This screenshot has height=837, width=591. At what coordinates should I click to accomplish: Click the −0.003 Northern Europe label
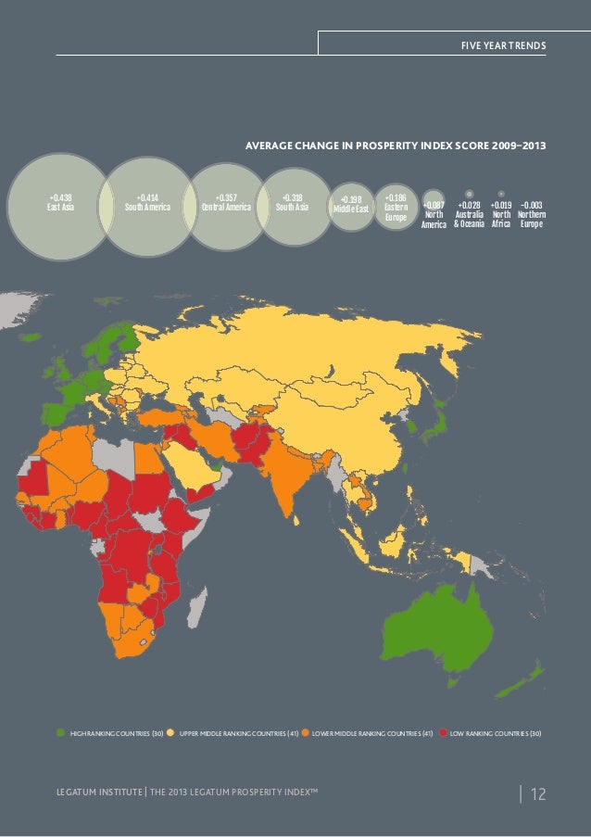(x=532, y=214)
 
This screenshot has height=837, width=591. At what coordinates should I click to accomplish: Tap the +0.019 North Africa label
(x=501, y=214)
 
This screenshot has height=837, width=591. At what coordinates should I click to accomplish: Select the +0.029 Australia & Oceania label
(x=470, y=214)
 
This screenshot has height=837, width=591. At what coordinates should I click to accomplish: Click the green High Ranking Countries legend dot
(x=62, y=733)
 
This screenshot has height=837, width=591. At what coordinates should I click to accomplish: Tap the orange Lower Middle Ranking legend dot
(x=306, y=733)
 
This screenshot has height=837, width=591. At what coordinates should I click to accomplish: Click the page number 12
(x=538, y=794)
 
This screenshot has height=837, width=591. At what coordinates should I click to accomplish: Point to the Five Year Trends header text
(x=503, y=45)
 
